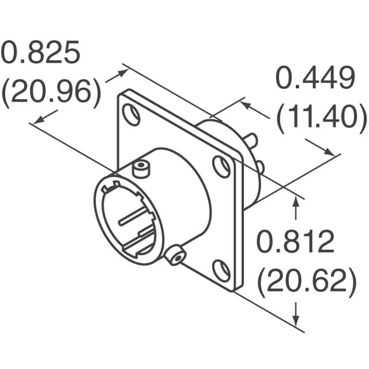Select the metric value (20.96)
(x=51, y=92)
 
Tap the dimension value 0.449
(x=314, y=79)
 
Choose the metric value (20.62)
(x=305, y=281)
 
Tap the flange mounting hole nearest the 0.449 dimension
(x=220, y=166)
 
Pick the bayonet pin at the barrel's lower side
(x=175, y=255)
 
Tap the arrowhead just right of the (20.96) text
(x=123, y=73)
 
